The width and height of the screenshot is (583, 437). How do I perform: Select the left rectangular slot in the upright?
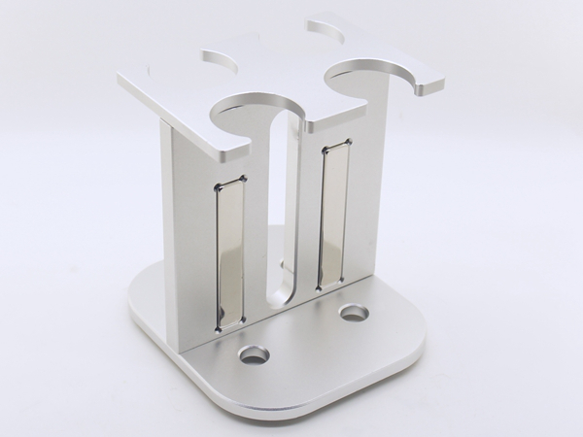tap(230, 251)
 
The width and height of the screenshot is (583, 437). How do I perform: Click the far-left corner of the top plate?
tap(120, 78)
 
